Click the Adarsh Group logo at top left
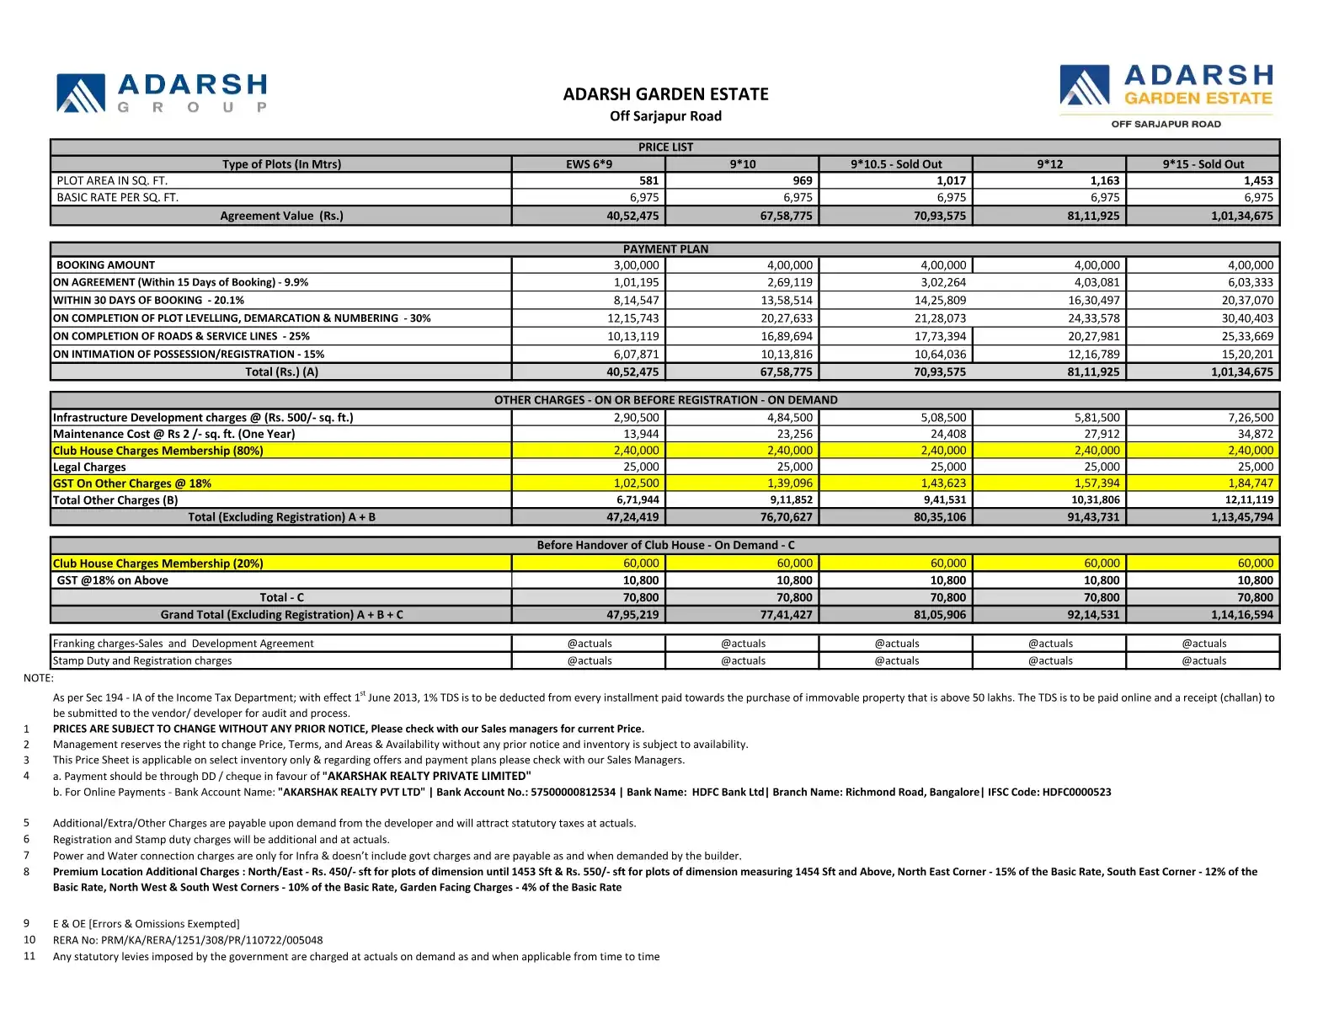163,93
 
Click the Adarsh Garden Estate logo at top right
1166,94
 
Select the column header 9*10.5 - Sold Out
896,164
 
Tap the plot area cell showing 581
648,180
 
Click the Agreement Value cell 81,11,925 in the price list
1093,216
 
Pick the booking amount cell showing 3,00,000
636,264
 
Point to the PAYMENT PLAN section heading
665,248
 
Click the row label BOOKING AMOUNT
106,264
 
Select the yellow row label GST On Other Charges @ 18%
132,483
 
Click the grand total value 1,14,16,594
1242,615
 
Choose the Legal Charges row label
89,467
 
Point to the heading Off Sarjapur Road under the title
665,116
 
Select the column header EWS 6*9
589,164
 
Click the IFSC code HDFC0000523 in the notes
1076,792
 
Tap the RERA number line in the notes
188,940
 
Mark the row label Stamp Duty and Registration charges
142,660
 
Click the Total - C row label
281,597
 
